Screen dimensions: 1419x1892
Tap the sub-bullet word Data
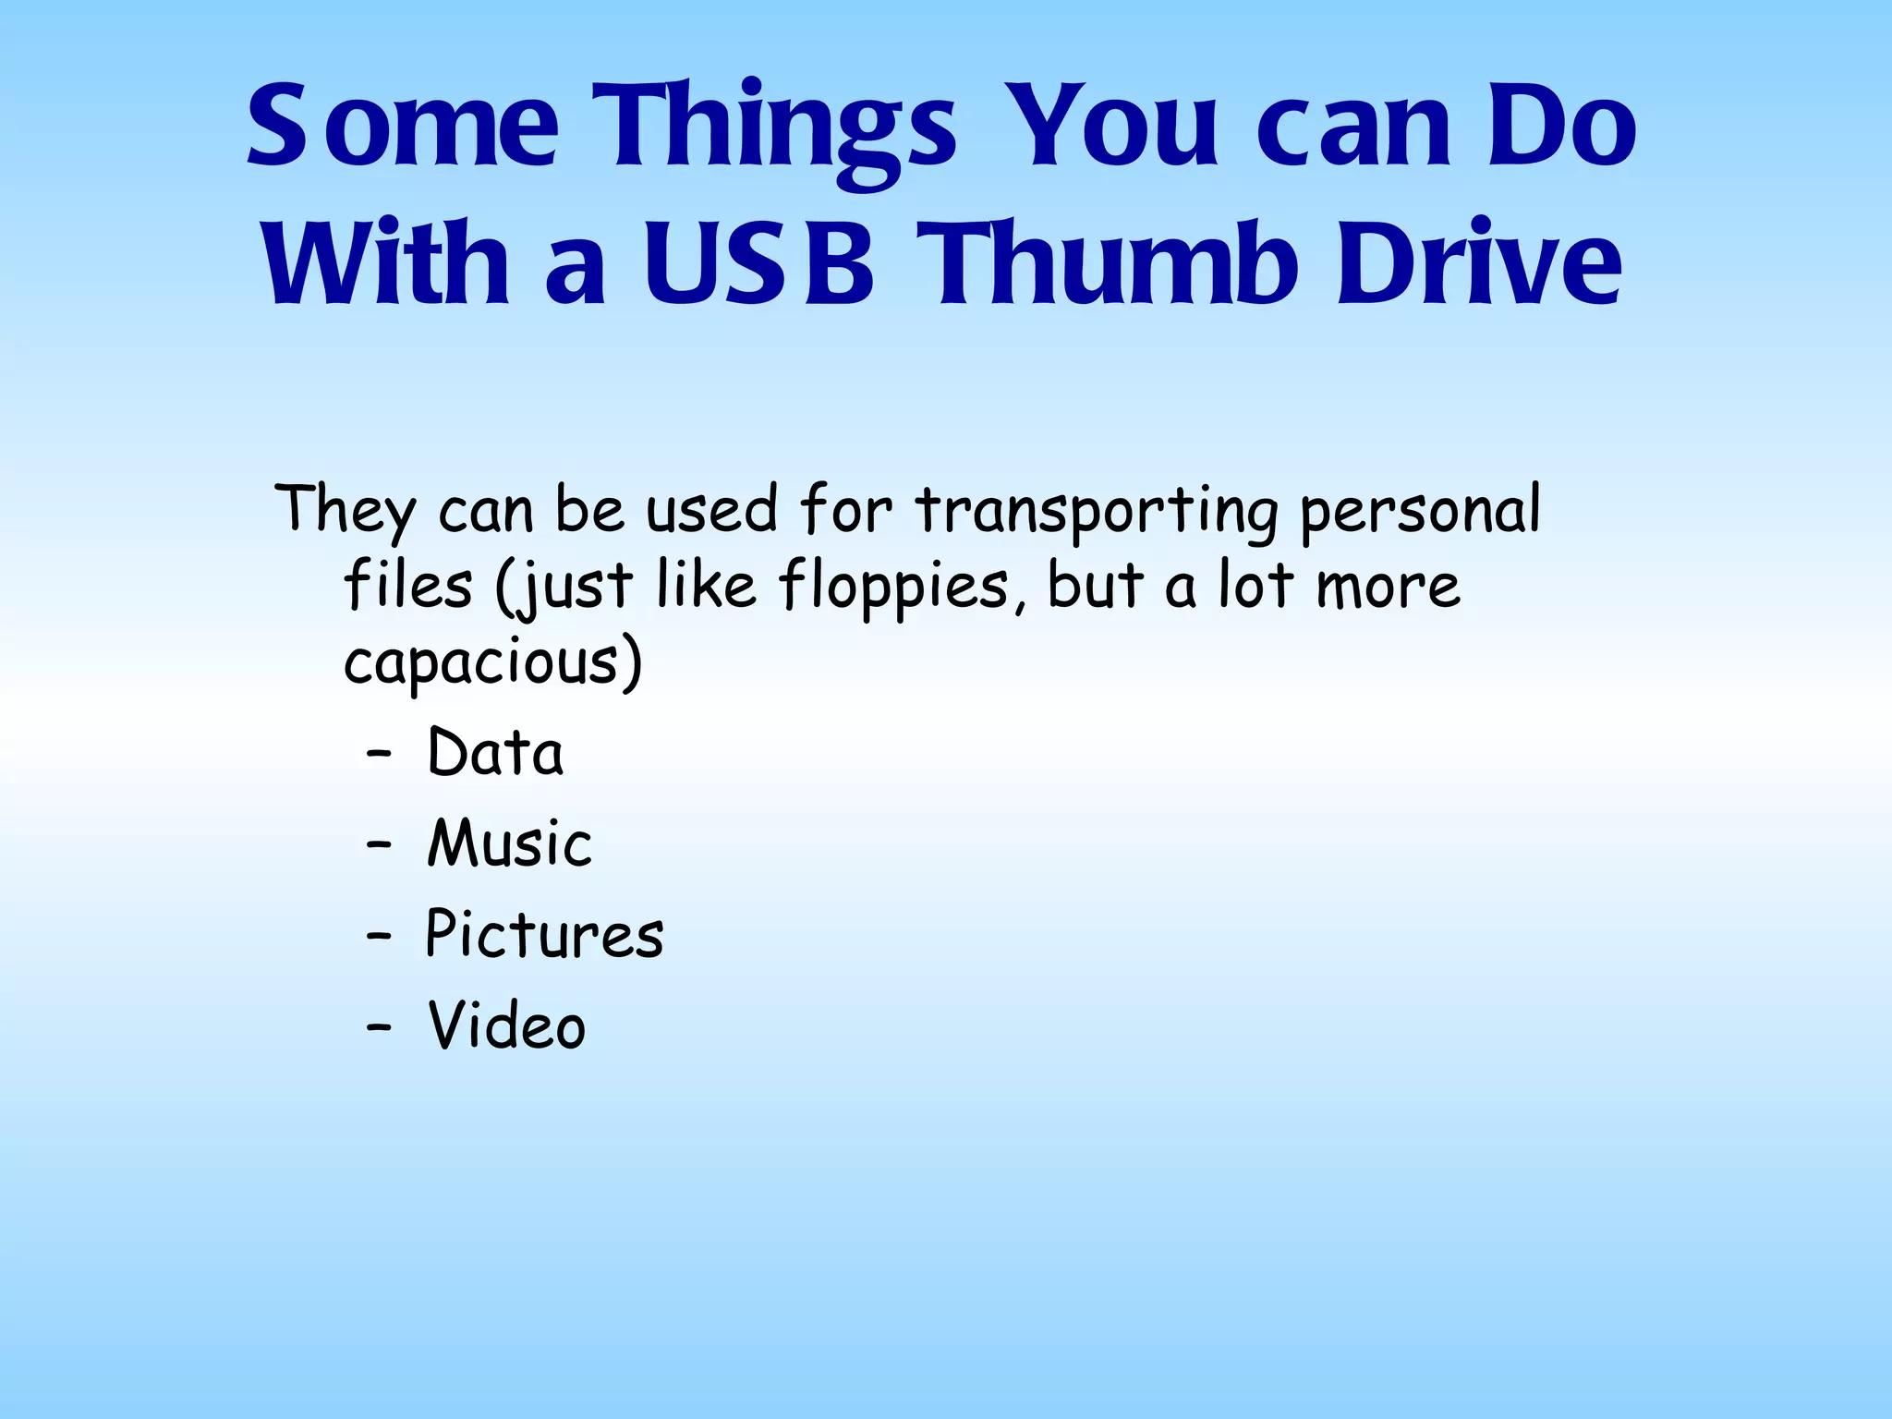pyautogui.click(x=495, y=753)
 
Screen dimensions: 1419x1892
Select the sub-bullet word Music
pyautogui.click(x=509, y=843)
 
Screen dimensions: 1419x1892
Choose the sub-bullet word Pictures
pyautogui.click(x=544, y=934)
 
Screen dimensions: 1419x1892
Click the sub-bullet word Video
pyautogui.click(x=507, y=1025)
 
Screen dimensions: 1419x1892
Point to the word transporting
pyautogui.click(x=1098, y=511)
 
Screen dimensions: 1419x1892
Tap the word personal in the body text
pyautogui.click(x=1421, y=511)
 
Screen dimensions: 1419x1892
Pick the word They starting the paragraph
pyautogui.click(x=346, y=511)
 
